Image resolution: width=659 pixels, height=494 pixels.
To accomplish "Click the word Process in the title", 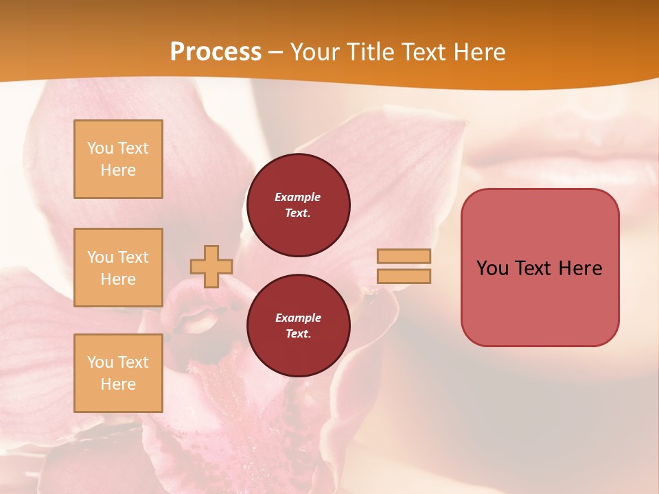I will [216, 52].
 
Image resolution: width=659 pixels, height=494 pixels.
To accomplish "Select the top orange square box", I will [118, 159].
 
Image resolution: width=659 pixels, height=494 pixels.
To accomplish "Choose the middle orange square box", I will [118, 268].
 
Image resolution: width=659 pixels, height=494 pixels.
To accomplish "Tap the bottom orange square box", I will [118, 373].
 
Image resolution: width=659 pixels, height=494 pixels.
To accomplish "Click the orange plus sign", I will [211, 266].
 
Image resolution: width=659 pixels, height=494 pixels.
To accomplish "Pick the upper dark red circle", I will [298, 205].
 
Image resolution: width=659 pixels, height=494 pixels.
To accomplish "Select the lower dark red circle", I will [298, 326].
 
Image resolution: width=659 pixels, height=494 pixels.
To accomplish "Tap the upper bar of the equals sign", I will [404, 256].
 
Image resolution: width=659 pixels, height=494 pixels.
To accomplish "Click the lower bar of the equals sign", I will [404, 276].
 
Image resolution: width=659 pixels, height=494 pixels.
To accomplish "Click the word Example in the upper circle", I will [298, 197].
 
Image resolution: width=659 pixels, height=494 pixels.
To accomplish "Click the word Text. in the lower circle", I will [298, 334].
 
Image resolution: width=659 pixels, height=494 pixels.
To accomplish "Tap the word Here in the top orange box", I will [118, 170].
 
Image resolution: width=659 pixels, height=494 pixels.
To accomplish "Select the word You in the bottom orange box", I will [100, 362].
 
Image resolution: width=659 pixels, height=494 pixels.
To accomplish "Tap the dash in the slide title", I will [276, 52].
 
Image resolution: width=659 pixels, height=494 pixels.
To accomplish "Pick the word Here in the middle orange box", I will [118, 279].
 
